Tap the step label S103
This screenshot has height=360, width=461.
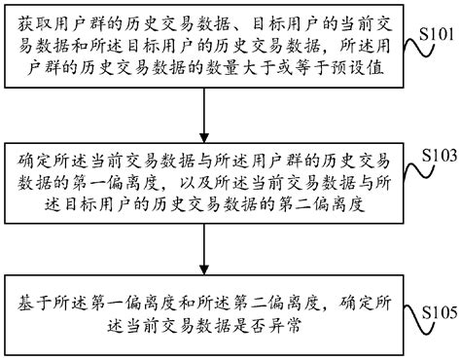tap(434, 156)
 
